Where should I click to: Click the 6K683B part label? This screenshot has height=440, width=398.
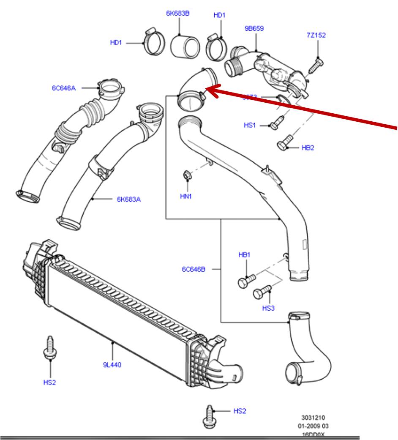(x=177, y=13)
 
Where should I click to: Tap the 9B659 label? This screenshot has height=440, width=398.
(x=254, y=29)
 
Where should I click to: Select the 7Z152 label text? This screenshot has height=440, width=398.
(x=316, y=35)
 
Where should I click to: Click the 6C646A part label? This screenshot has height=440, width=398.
(x=64, y=88)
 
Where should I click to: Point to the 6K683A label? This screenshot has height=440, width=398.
(x=128, y=199)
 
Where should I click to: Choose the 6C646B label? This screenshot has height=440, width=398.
(x=194, y=269)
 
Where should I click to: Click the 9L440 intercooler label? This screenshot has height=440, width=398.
(x=112, y=364)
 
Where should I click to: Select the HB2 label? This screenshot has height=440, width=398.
(x=308, y=148)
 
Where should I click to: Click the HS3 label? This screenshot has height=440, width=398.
(x=268, y=308)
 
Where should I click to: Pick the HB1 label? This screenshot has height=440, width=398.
(x=245, y=255)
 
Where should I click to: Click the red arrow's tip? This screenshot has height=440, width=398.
(x=206, y=89)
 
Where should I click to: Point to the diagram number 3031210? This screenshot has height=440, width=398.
(x=313, y=417)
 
